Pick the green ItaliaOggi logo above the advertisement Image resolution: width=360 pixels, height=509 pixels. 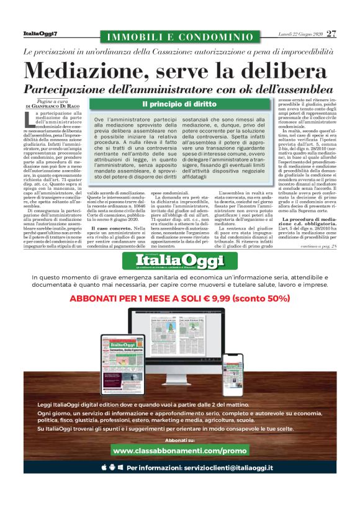[x=179, y=258]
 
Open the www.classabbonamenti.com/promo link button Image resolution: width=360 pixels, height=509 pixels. [x=179, y=449]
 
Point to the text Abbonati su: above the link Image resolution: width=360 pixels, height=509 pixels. [x=179, y=439]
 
